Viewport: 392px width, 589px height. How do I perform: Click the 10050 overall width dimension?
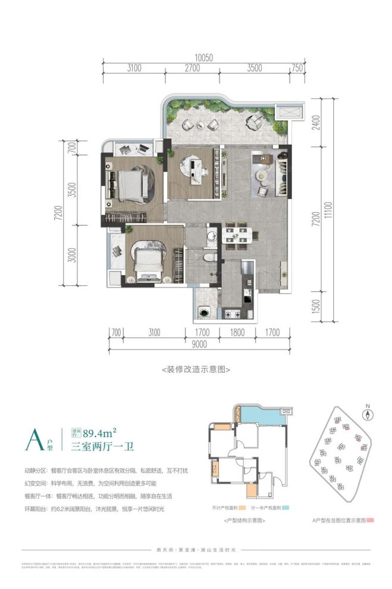click(203, 58)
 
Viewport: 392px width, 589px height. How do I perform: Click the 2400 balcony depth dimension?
click(315, 123)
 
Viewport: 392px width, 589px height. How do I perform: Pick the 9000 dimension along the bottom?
click(199, 344)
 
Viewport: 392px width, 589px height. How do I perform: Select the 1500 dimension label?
click(315, 307)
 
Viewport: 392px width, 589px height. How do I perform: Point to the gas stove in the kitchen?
click(231, 313)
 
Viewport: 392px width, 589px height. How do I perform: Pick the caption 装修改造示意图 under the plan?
click(196, 369)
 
